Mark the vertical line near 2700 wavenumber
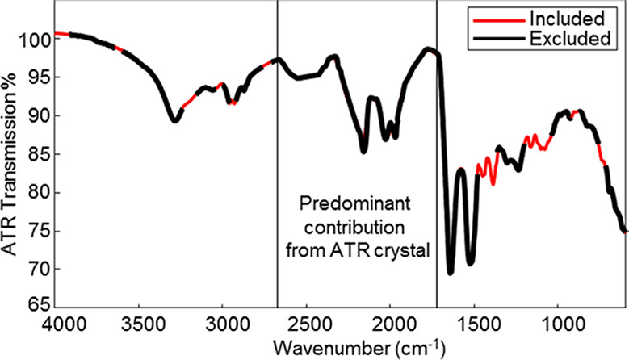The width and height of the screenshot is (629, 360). tap(278, 161)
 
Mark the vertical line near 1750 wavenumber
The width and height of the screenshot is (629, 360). tap(437, 161)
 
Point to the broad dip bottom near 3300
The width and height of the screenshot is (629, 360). tap(174, 120)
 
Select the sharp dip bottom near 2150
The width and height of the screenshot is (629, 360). tap(364, 150)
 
